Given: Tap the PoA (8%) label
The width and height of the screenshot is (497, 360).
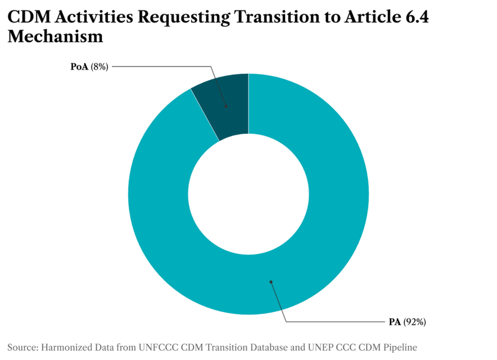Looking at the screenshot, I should pos(89,67).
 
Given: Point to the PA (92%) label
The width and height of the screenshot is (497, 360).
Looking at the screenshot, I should pos(407,322).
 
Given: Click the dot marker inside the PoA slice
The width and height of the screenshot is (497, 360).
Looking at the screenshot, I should pos(226,106).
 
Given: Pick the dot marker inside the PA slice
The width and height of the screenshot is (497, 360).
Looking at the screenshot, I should pos(271,282).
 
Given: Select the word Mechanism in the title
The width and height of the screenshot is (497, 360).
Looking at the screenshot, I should pos(55,37).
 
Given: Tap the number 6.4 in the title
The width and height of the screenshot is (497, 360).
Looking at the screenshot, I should pos(417,17).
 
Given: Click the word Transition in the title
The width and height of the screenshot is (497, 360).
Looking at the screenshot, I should pos(277,17).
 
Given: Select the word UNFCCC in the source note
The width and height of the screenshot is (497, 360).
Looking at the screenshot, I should pos(158,347).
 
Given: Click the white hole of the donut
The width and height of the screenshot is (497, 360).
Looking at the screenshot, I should pos(248,194).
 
